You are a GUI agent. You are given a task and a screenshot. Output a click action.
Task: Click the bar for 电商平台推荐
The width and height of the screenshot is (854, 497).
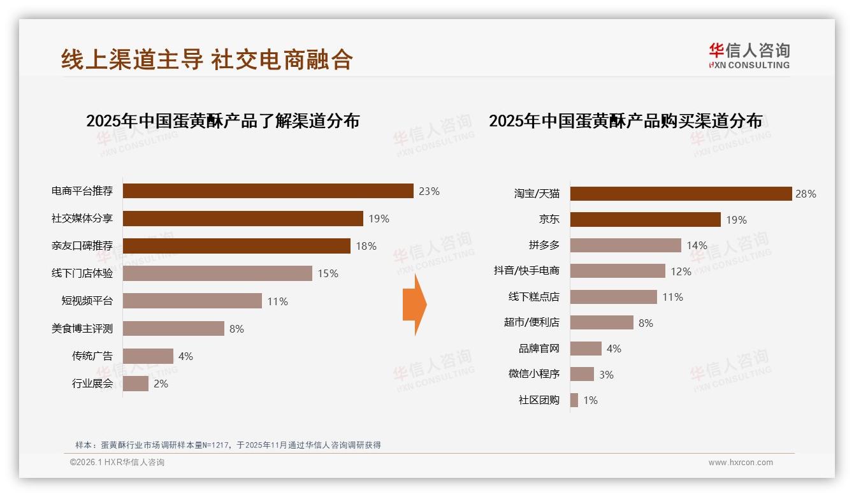(x=268, y=191)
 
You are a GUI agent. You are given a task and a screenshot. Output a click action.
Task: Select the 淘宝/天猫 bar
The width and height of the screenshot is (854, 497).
(x=680, y=194)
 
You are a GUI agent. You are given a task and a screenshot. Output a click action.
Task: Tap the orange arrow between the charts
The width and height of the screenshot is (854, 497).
(x=415, y=305)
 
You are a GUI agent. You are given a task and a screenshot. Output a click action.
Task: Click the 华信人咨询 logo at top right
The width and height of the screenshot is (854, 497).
(x=749, y=55)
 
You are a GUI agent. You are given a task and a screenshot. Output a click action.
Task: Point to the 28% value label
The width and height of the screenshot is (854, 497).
(x=806, y=194)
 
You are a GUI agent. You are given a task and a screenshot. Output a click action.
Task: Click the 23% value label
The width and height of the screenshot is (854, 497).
(x=429, y=191)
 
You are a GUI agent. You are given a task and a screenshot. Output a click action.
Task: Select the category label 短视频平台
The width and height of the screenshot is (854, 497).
(x=87, y=301)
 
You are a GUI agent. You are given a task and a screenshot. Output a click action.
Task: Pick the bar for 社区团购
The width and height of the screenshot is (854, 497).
(x=574, y=400)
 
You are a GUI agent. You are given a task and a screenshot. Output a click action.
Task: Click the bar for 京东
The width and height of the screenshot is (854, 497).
(x=645, y=220)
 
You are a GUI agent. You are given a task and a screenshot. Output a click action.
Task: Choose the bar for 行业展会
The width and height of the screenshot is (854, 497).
(x=135, y=384)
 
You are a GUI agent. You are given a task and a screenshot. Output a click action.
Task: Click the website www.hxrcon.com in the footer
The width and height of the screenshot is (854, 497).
(x=740, y=463)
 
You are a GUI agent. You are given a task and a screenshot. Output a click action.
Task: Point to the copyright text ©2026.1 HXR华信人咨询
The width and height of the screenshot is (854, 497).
(x=117, y=463)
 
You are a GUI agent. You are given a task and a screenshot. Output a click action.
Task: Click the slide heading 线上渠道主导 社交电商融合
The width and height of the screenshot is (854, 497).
(x=207, y=59)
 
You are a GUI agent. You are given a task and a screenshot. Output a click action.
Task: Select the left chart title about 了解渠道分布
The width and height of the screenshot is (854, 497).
(x=222, y=121)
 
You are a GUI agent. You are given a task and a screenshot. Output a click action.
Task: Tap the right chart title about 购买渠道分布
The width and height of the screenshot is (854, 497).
(x=625, y=121)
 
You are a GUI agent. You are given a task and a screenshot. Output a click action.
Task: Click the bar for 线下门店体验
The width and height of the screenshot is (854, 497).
(x=217, y=273)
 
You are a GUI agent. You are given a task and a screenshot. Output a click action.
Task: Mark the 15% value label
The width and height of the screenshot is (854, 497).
(x=328, y=274)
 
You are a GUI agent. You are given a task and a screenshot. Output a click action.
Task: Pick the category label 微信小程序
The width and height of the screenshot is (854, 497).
(x=533, y=374)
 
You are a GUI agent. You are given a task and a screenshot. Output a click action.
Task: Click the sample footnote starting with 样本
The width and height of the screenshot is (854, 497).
(x=228, y=445)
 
